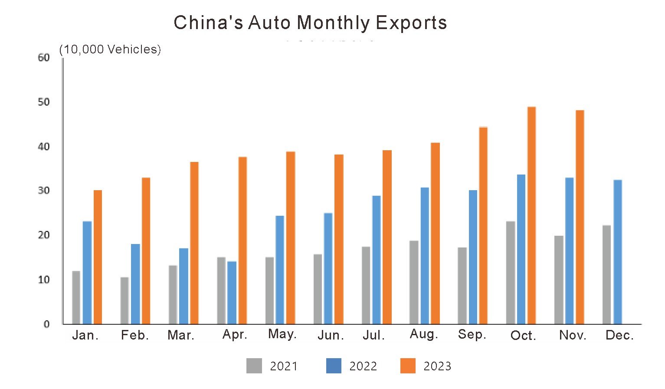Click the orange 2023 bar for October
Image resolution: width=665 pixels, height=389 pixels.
[531, 215]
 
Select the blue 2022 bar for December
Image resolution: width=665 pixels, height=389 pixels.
[618, 252]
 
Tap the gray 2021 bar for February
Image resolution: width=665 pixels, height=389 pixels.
[124, 300]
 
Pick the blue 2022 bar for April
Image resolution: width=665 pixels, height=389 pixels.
[232, 293]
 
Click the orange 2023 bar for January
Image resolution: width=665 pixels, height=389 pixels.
[98, 257]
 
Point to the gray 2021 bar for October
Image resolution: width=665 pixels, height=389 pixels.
[511, 273]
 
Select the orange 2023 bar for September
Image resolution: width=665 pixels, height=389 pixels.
[483, 225]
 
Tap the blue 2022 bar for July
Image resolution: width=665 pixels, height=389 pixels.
[377, 260]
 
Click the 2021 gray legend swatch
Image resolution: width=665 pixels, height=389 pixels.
[254, 366]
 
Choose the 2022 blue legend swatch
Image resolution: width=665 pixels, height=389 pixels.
[334, 366]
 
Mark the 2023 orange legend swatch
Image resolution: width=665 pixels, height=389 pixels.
[408, 366]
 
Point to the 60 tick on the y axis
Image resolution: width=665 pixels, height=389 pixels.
[44, 58]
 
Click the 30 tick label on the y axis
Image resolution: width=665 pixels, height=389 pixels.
[44, 191]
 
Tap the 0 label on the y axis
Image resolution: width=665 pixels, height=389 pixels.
[46, 324]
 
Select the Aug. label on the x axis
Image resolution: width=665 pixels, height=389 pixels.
[424, 334]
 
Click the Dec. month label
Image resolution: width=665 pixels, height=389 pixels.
[619, 335]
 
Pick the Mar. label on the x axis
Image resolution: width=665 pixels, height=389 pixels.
[181, 335]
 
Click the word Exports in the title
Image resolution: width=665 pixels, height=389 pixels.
[411, 23]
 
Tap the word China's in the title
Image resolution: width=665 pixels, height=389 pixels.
[208, 23]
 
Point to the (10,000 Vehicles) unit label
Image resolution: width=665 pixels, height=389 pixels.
[110, 49]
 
